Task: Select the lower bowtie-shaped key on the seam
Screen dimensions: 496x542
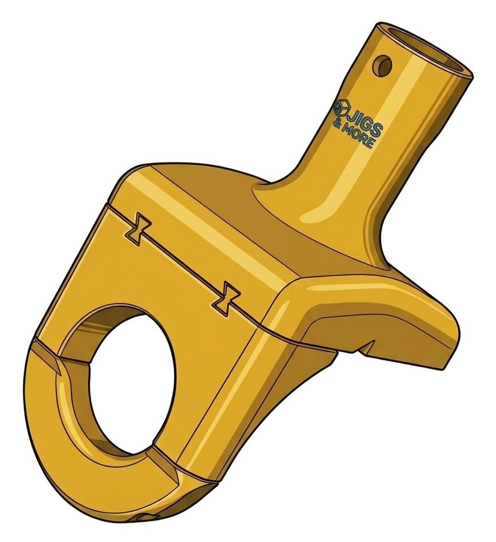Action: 226,298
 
